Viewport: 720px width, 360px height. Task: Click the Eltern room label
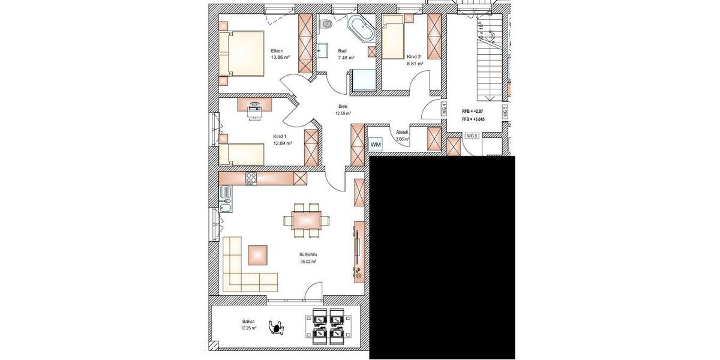click(x=277, y=50)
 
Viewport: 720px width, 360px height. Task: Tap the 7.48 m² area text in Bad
click(x=346, y=58)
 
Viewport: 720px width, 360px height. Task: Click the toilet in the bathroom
click(x=326, y=25)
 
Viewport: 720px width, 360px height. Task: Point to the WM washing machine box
click(x=376, y=145)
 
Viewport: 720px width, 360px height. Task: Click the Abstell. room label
click(x=402, y=133)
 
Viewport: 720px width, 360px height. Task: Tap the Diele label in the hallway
click(x=343, y=106)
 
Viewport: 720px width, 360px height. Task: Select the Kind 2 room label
click(x=414, y=56)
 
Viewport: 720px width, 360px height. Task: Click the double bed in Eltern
click(x=241, y=53)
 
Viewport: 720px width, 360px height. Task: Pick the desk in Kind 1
click(x=255, y=105)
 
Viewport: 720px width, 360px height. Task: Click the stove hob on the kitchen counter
click(x=251, y=178)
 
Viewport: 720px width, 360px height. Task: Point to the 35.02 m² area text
click(x=308, y=262)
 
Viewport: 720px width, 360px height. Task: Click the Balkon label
click(x=248, y=323)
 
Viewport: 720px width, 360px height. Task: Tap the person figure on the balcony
click(x=277, y=327)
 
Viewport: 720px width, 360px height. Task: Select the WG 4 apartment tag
click(x=444, y=109)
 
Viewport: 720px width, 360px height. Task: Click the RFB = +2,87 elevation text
click(x=473, y=112)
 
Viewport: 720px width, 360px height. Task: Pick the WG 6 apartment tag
click(x=472, y=136)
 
